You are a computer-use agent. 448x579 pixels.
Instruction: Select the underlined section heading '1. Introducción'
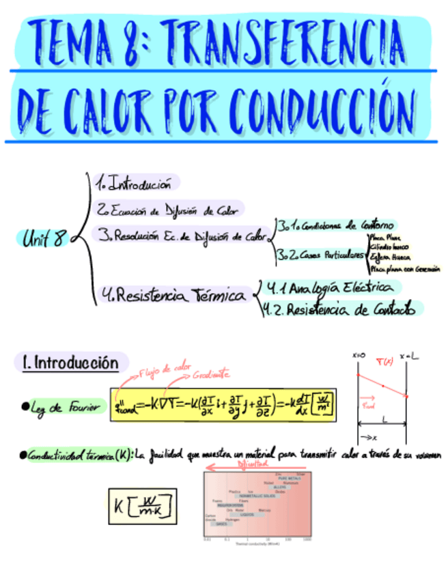pos(70,363)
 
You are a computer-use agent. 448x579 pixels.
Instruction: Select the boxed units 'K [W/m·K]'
pos(141,505)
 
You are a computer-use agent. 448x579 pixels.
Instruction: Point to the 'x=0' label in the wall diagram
pos(359,356)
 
